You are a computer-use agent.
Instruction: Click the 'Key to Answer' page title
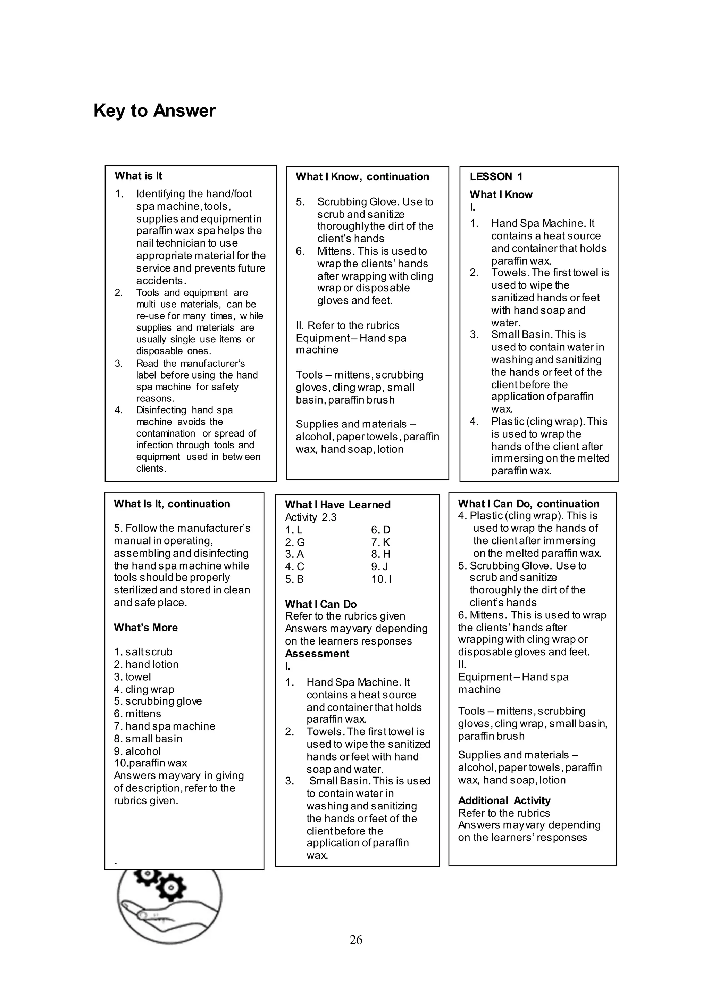(x=154, y=111)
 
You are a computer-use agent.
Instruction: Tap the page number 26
(x=355, y=939)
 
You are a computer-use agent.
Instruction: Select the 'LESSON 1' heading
(x=496, y=177)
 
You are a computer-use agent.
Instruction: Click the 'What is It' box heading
(x=139, y=176)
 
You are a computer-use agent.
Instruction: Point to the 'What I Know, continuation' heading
(x=362, y=177)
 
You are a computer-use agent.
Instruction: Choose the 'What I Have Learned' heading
(x=337, y=505)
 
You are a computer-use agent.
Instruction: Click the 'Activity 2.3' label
(x=310, y=518)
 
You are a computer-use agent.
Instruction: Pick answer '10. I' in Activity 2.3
(x=381, y=579)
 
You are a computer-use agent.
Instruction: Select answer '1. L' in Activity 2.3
(x=294, y=530)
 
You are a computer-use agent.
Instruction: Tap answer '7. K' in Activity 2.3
(x=380, y=542)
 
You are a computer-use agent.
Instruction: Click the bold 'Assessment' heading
(x=317, y=654)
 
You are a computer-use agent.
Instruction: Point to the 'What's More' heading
(x=146, y=628)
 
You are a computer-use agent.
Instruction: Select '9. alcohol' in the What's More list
(x=137, y=751)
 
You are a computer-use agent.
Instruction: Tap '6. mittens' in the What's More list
(x=137, y=714)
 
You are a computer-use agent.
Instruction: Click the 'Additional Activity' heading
(x=504, y=801)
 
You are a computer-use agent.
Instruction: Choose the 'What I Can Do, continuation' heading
(x=528, y=504)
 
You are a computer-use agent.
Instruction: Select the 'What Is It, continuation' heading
(x=172, y=504)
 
